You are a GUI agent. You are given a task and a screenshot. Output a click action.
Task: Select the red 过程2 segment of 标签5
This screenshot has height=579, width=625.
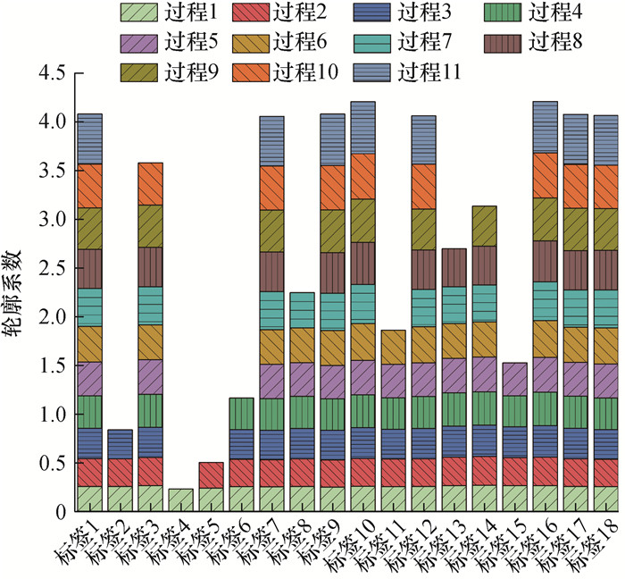click(211, 474)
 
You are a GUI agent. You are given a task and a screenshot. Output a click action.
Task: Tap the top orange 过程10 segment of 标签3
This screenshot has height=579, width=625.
click(150, 183)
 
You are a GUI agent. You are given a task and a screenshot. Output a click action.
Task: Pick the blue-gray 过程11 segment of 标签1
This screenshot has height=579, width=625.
click(89, 138)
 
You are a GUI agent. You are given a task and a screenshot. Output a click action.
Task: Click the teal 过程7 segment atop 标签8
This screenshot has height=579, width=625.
click(302, 310)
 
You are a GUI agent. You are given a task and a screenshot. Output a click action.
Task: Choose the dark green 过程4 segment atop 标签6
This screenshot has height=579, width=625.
click(241, 414)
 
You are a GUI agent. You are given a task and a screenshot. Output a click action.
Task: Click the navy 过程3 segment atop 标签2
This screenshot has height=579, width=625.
click(120, 444)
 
